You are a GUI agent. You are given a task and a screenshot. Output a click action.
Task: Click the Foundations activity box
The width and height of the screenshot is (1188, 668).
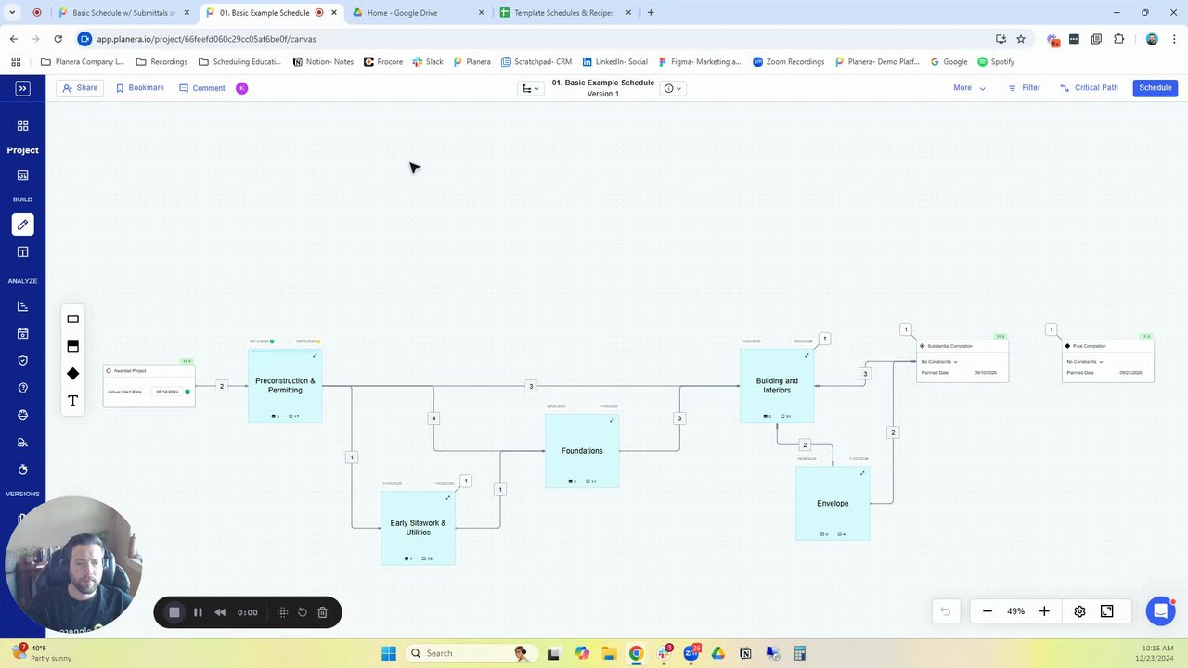coord(582,451)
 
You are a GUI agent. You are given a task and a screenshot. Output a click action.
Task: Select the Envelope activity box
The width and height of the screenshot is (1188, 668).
coord(833,504)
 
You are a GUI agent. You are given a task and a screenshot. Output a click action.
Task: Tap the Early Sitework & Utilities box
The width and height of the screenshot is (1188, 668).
coord(418,528)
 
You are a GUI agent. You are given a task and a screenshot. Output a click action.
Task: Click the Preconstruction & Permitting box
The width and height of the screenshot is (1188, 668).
coord(285,386)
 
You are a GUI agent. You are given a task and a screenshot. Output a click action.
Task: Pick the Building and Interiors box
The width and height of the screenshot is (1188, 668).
coord(777,386)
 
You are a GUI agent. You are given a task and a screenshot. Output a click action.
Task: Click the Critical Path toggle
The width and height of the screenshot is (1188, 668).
coord(1090,88)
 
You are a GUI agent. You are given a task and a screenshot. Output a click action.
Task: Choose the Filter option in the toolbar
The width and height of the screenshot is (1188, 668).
coord(1024,88)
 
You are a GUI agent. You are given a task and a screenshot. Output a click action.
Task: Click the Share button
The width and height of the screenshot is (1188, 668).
coord(80,88)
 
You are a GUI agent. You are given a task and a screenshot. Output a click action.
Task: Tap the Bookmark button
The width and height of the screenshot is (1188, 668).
coord(140,88)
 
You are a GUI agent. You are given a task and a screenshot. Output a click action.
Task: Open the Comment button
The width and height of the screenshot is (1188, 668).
coord(202,88)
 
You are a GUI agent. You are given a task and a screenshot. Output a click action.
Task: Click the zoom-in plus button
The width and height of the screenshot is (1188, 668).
coord(1044,611)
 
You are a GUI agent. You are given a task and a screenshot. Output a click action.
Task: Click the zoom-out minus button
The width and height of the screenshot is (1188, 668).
coord(988,611)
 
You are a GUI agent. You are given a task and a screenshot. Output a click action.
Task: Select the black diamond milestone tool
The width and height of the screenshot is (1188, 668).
coord(72,374)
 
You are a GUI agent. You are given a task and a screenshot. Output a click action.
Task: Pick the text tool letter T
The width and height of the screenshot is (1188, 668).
coord(72,401)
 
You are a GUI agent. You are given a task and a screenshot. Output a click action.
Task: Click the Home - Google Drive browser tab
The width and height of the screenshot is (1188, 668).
coord(418,13)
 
